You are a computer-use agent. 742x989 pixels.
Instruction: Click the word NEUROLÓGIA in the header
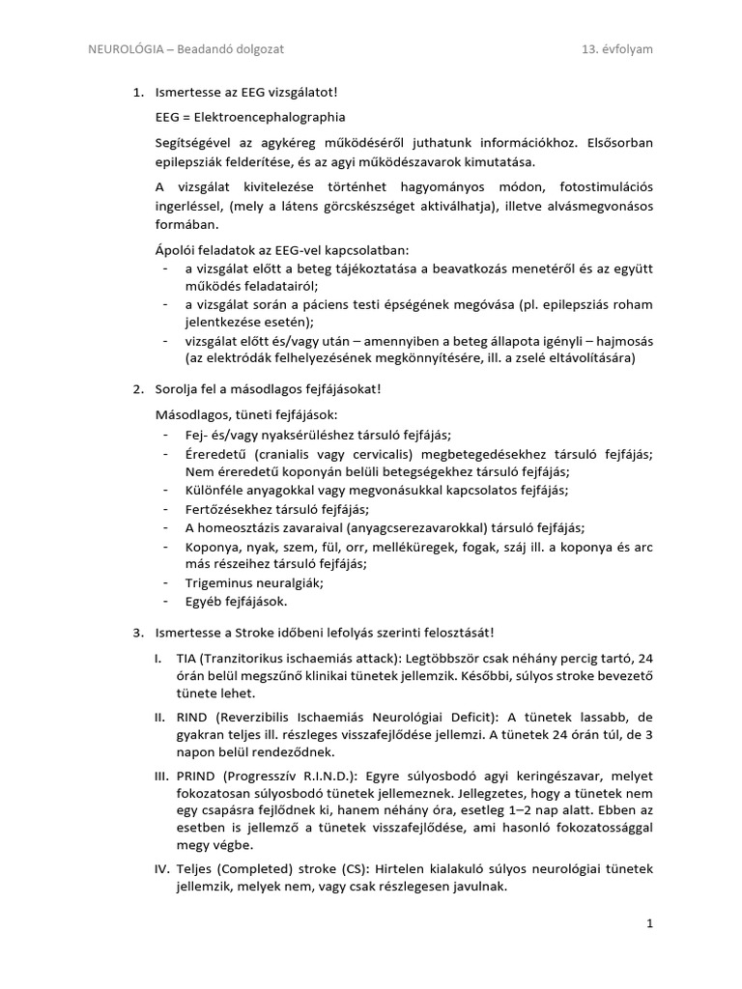point(123,48)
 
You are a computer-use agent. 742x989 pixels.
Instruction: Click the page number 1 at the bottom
point(650,923)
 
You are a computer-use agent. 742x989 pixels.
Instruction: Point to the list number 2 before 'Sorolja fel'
point(136,389)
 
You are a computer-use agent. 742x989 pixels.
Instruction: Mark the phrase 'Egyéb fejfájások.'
point(237,601)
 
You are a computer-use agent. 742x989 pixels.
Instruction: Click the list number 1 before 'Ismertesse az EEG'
point(136,93)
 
